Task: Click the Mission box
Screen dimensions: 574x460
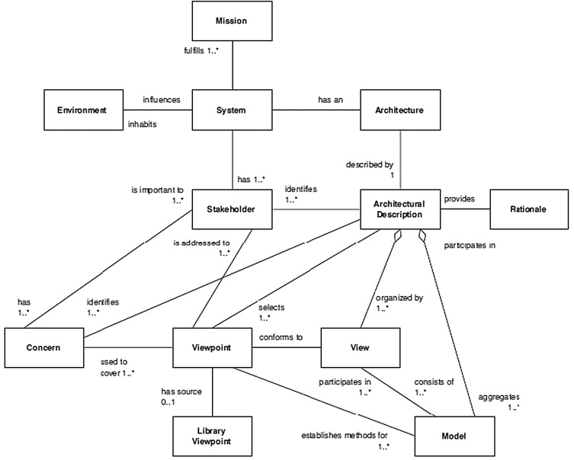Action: (x=232, y=21)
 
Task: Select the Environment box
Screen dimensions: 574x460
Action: (x=83, y=110)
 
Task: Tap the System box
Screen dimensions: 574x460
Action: (x=232, y=110)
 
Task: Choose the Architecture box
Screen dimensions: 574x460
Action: (x=400, y=110)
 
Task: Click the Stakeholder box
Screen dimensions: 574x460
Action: (x=232, y=209)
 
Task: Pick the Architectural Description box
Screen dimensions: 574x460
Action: (x=400, y=209)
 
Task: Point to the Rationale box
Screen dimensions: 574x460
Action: (x=529, y=209)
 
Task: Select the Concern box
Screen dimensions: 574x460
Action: (x=44, y=347)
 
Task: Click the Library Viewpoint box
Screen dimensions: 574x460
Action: (x=213, y=436)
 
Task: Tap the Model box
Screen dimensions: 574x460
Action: (x=454, y=436)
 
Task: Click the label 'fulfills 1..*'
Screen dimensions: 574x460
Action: (x=201, y=51)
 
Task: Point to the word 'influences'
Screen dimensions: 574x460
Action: (x=162, y=100)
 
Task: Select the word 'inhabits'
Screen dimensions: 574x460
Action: (x=142, y=124)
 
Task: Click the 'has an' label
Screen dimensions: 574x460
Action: (x=331, y=100)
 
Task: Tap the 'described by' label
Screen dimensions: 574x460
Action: (x=370, y=165)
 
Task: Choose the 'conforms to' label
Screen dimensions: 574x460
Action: (x=281, y=337)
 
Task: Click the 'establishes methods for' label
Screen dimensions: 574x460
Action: (x=345, y=436)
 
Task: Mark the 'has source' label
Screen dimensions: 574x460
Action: (x=181, y=391)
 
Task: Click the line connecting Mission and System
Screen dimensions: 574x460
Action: (x=232, y=65)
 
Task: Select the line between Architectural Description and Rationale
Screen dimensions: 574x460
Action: (x=465, y=209)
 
